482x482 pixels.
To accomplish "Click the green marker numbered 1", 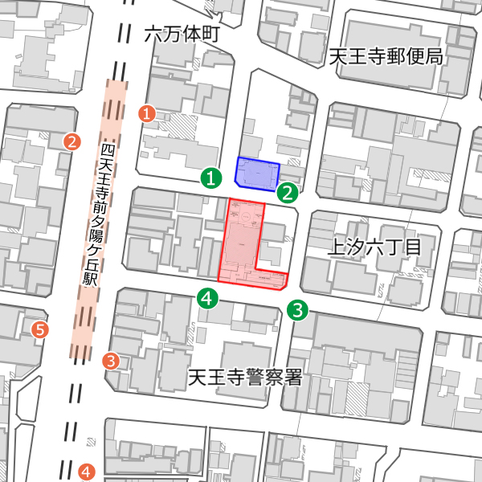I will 210,178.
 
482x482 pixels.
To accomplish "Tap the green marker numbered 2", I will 288,192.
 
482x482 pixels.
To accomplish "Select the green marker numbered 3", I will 298,309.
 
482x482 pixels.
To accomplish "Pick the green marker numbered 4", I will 208,299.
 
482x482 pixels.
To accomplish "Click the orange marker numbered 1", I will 147,113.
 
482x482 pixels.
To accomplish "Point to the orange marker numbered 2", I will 72,142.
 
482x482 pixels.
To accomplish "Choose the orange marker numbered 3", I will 111,361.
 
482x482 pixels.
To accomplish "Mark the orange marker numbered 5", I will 39,329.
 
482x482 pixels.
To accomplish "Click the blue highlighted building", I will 258,173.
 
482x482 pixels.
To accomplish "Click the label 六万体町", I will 182,35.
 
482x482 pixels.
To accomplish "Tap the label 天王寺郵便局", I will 386,57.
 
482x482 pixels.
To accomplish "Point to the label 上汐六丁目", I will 374,247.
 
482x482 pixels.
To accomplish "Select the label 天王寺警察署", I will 245,376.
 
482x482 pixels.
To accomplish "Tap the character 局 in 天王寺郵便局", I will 434,57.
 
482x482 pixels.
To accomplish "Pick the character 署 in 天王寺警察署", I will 292,376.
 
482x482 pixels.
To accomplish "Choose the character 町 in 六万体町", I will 210,35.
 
